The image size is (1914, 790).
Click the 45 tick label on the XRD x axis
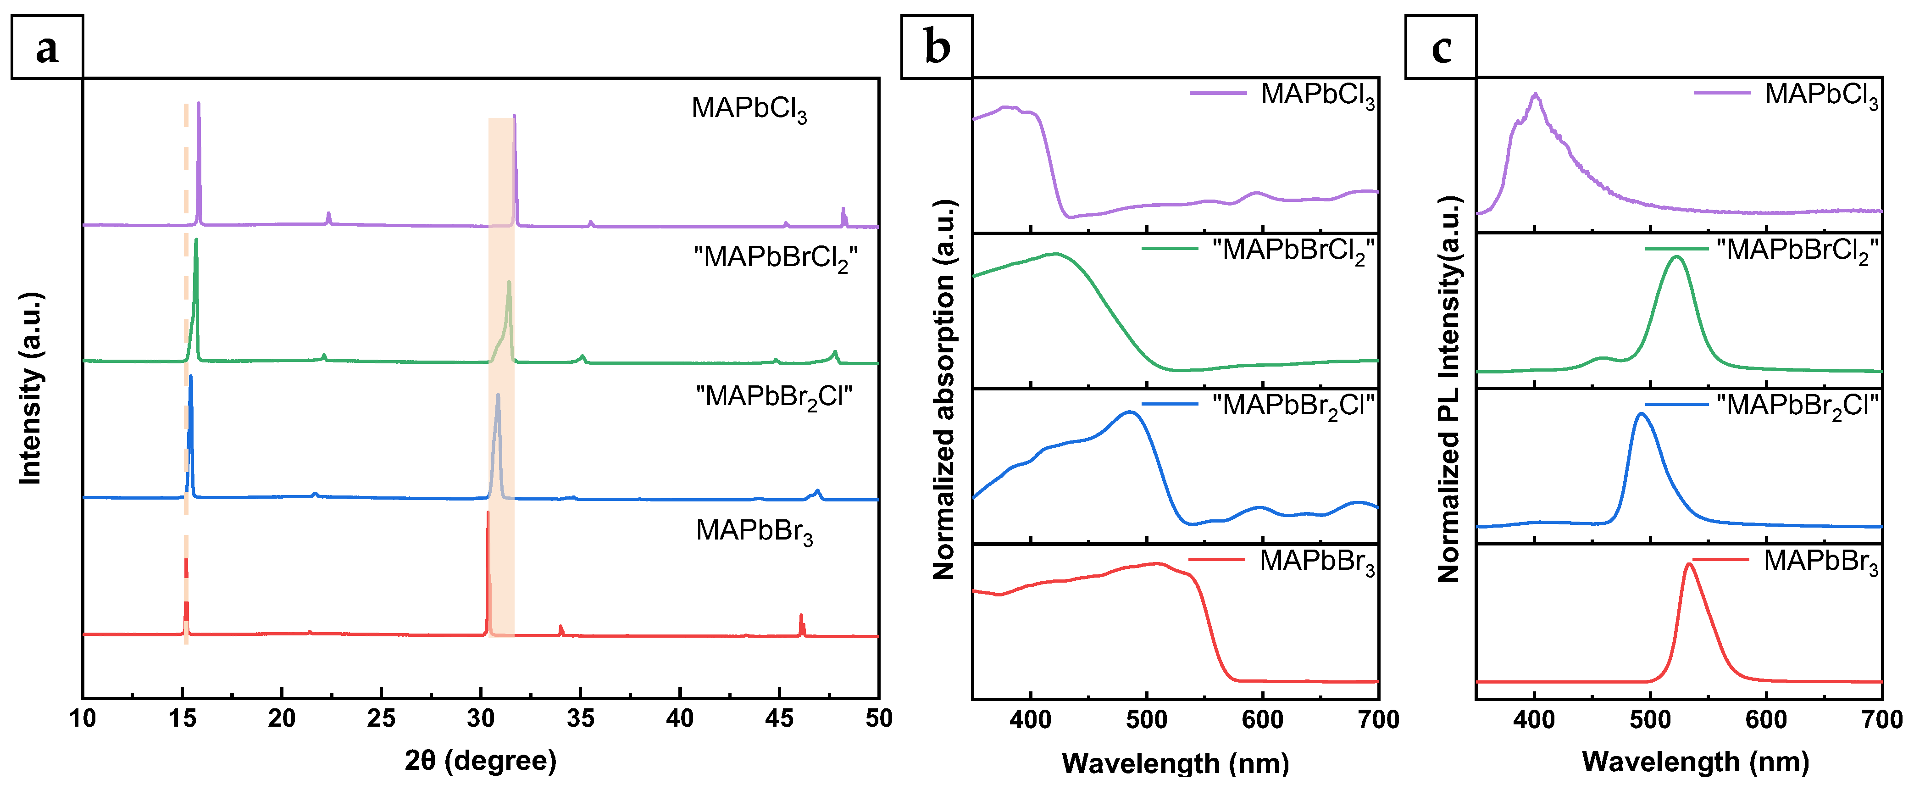779,718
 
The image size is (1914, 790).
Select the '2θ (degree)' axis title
481,760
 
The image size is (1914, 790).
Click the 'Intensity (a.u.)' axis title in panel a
30,388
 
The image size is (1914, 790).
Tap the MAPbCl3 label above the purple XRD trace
749,109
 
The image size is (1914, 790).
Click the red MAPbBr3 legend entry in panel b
1282,562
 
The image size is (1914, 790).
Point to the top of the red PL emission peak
1689,564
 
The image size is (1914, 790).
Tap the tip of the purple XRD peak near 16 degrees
199,103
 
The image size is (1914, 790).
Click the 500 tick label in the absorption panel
1147,719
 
